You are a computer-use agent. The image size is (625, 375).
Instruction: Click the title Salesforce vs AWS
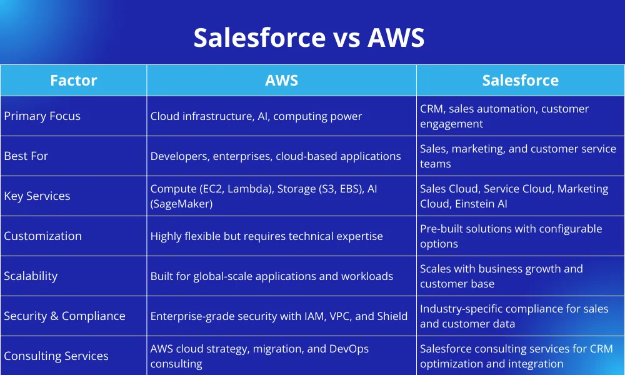(x=309, y=37)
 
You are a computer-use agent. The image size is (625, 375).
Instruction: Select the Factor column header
(x=74, y=81)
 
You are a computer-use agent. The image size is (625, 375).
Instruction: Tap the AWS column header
(x=281, y=81)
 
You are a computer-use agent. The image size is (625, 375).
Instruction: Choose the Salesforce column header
(x=520, y=81)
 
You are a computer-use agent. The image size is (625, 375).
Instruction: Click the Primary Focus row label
(x=42, y=116)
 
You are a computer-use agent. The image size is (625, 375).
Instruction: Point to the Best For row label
(x=26, y=156)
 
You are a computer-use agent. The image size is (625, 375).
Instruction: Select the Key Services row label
(x=37, y=196)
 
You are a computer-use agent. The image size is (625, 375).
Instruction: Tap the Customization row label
(x=42, y=236)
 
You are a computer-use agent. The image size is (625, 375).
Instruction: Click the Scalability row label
(x=31, y=276)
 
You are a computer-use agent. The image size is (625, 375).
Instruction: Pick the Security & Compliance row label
(x=64, y=316)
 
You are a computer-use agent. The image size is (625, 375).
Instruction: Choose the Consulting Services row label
(x=56, y=356)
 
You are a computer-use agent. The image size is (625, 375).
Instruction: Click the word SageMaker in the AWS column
(x=181, y=204)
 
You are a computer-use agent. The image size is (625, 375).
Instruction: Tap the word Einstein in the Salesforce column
(x=474, y=204)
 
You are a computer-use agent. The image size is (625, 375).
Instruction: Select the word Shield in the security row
(x=392, y=316)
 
